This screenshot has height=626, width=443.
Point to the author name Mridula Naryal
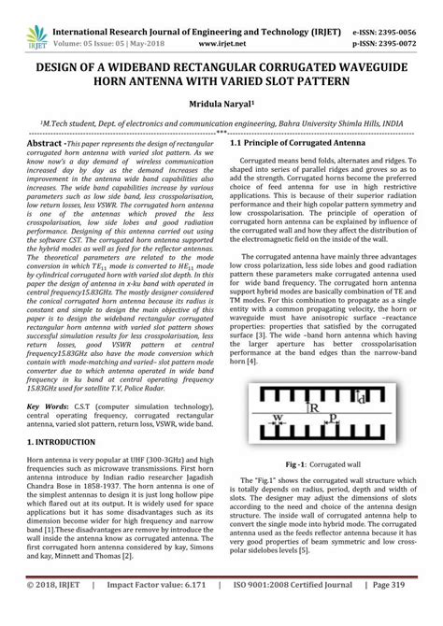coord(220,105)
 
